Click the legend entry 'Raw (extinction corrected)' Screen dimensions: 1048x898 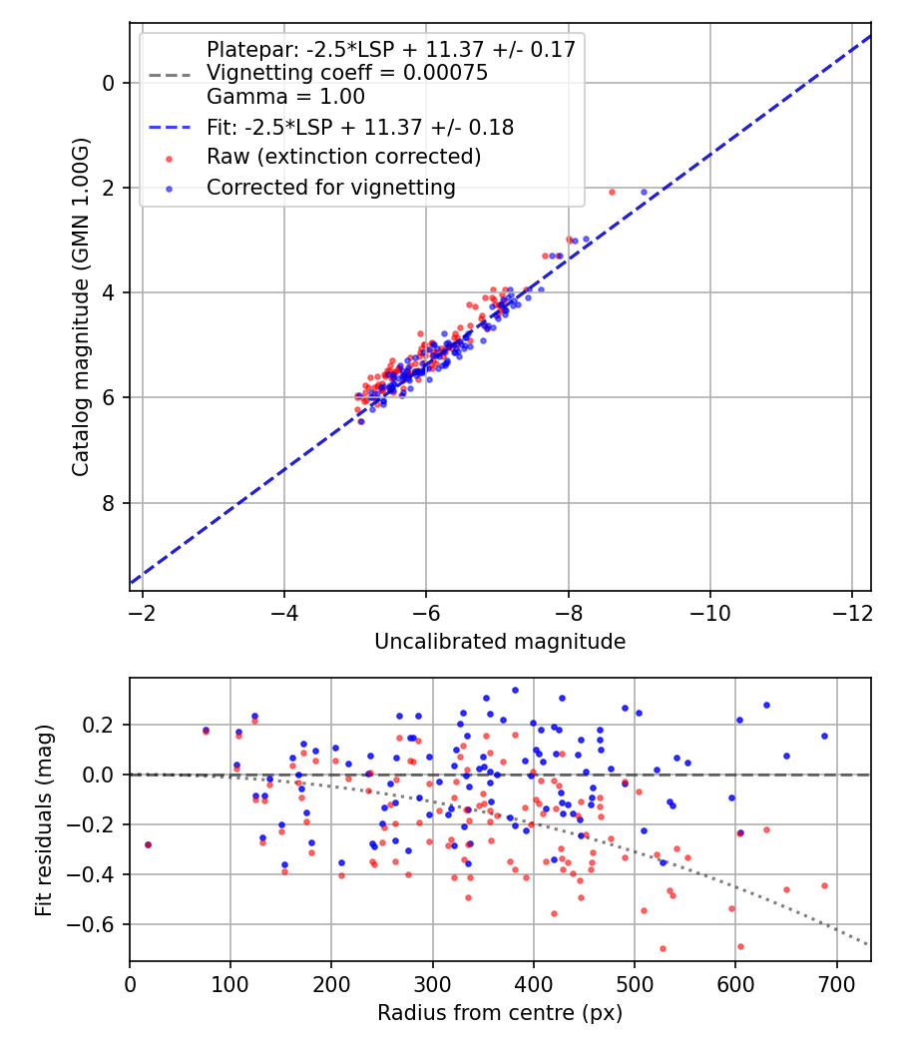(343, 157)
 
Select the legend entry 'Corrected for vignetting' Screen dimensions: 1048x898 (330, 187)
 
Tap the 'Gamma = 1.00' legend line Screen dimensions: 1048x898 (285, 97)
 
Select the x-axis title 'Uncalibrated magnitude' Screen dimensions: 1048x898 (500, 642)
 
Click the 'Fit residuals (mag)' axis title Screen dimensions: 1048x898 (43, 819)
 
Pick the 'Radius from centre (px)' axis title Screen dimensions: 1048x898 (500, 1013)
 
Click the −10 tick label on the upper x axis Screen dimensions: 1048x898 (709, 612)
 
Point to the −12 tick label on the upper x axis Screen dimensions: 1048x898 (851, 612)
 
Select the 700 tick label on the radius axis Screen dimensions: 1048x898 (836, 983)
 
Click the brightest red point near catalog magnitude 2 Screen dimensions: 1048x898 (612, 192)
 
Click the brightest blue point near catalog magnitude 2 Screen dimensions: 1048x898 (644, 192)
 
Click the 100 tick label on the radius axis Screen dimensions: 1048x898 (230, 983)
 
